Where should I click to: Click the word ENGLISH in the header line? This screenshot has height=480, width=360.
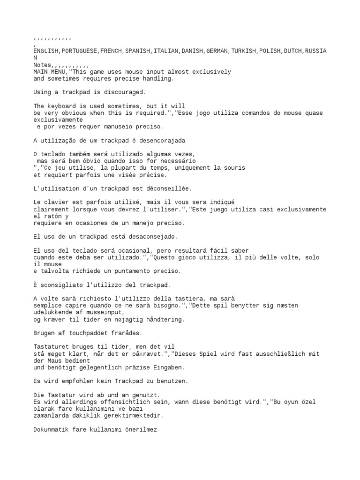(46, 51)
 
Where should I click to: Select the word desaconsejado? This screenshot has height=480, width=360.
(140, 236)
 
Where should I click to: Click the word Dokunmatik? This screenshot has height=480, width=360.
(52, 429)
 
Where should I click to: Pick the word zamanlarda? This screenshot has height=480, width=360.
(52, 415)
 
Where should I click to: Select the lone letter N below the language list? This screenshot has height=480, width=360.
(35, 58)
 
